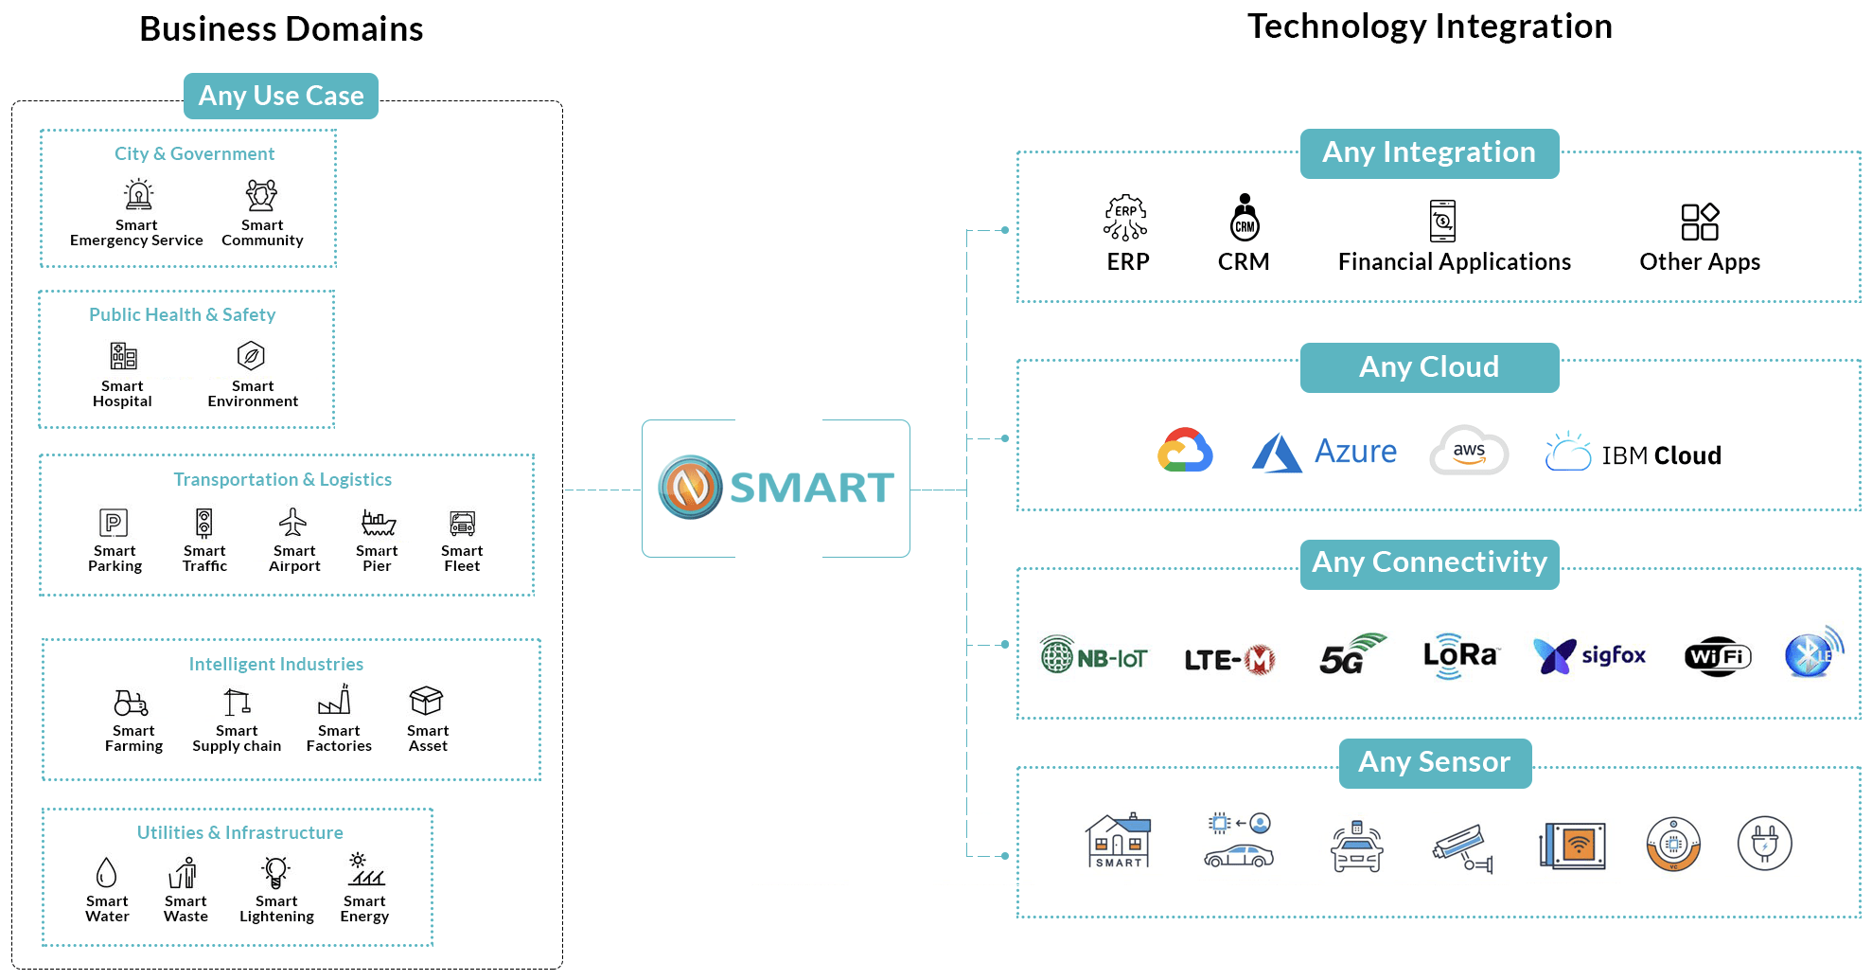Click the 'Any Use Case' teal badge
coord(281,96)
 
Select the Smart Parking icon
coord(114,523)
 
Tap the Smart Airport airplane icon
coord(293,522)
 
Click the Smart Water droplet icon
coord(107,872)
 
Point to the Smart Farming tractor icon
coord(132,703)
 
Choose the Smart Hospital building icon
coord(123,356)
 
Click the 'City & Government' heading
coord(194,153)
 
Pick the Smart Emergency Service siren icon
coord(139,194)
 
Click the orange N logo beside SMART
coord(691,488)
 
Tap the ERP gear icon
coord(1125,218)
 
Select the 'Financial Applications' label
coord(1455,262)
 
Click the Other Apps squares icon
coord(1700,222)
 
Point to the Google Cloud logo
coord(1185,451)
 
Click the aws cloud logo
coord(1469,450)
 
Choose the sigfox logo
coord(1590,655)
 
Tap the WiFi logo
coord(1718,656)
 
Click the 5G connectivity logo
coord(1351,654)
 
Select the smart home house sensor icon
coord(1119,841)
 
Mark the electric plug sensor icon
coord(1765,843)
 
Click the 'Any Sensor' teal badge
coord(1435,762)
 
